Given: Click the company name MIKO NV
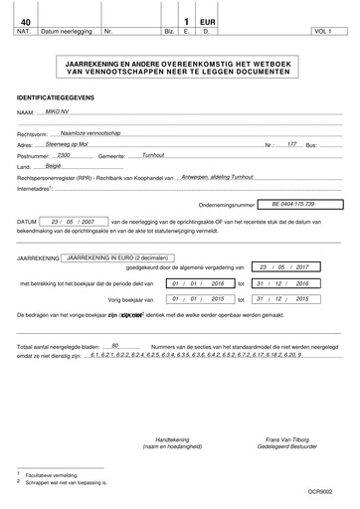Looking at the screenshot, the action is pos(72,114).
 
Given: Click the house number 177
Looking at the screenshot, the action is pos(292,144).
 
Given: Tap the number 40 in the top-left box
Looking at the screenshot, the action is pos(26,20).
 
